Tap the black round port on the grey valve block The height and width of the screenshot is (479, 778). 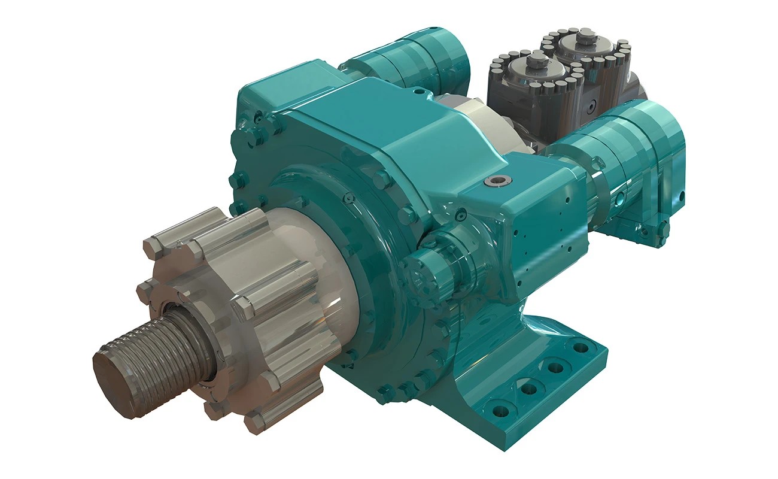(x=591, y=107)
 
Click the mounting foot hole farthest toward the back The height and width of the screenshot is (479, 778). (x=579, y=347)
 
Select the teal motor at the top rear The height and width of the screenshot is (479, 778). (x=413, y=60)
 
